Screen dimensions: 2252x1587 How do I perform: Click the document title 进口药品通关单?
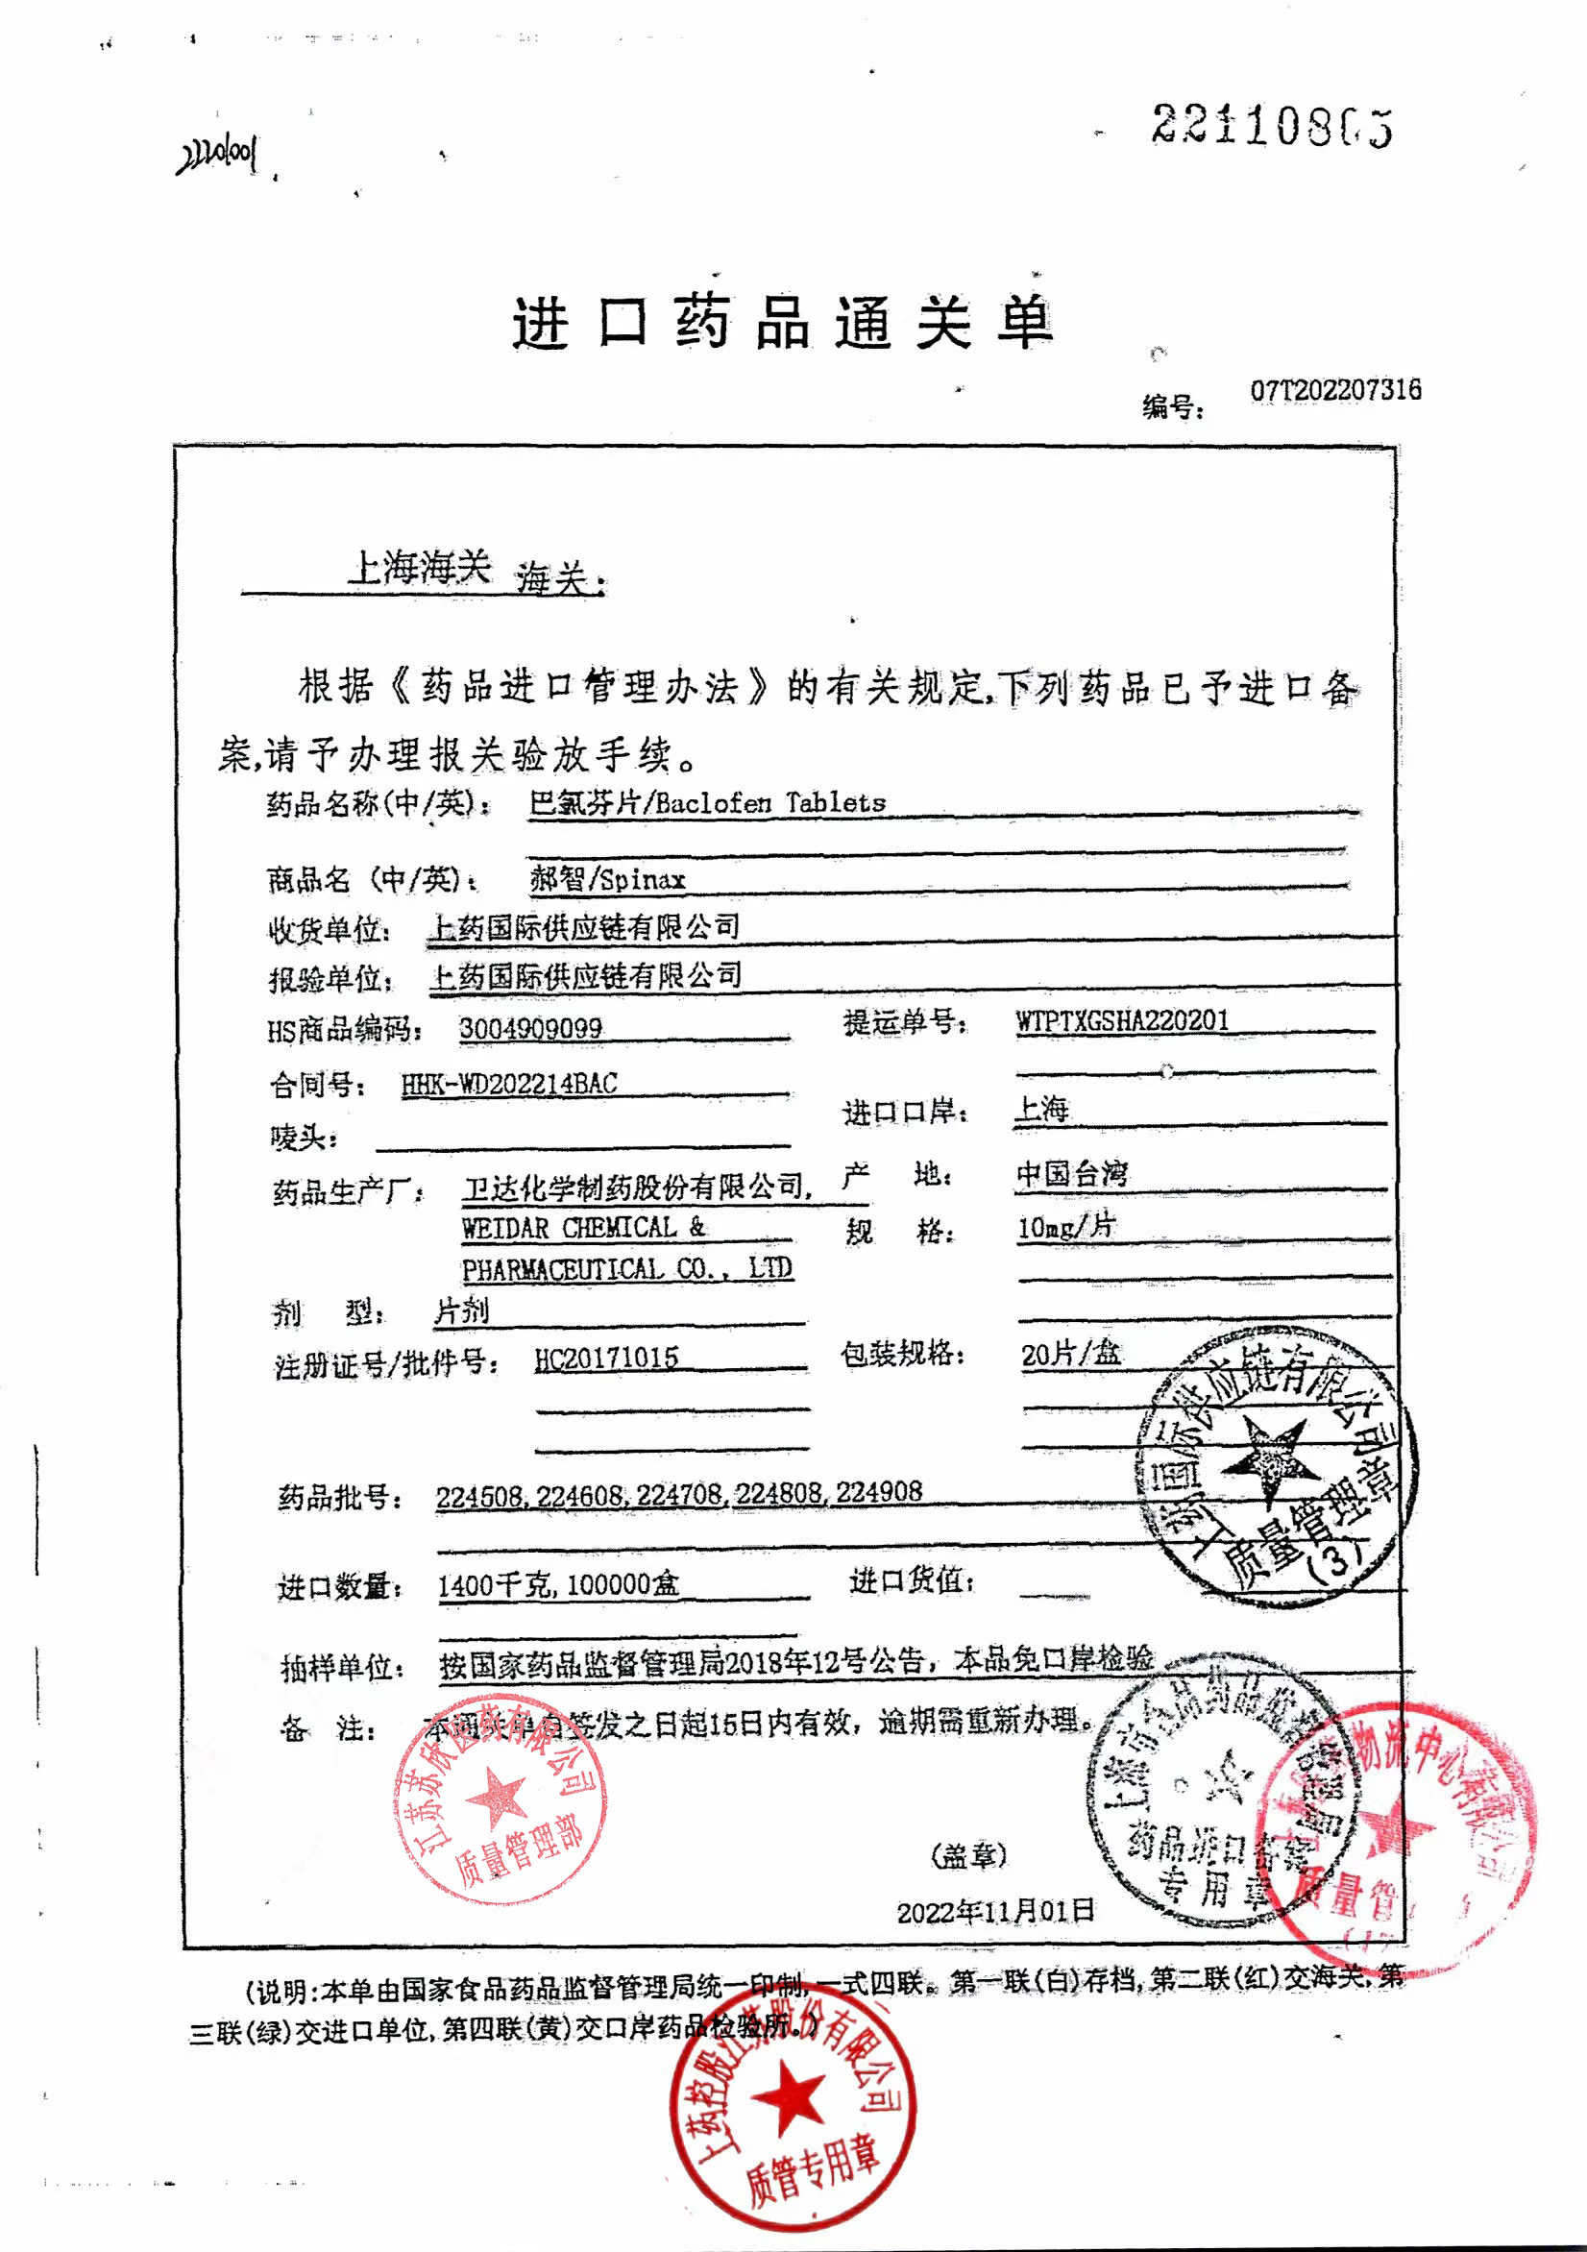point(783,322)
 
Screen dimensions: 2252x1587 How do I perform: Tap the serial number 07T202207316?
point(1335,390)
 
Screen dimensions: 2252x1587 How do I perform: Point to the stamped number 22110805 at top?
point(1272,126)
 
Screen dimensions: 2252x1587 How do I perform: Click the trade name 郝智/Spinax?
point(607,878)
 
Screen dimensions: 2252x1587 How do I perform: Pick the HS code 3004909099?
point(530,1028)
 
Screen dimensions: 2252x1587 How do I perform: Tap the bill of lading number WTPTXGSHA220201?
point(1122,1020)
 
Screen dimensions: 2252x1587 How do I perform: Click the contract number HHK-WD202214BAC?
point(509,1084)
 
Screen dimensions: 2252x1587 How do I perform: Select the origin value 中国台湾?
point(1072,1173)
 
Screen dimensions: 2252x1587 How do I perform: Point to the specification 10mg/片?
point(1066,1226)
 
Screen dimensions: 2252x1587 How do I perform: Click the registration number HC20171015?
point(606,1359)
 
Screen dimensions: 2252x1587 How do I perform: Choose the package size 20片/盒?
point(1070,1355)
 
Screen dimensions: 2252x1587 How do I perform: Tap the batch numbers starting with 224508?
point(679,1493)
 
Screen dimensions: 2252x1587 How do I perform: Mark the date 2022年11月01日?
point(995,1910)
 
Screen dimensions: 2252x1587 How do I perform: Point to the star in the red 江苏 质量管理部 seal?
point(498,1798)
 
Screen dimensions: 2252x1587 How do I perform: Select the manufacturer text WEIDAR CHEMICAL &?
point(584,1227)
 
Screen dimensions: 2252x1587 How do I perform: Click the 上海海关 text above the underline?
point(419,567)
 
